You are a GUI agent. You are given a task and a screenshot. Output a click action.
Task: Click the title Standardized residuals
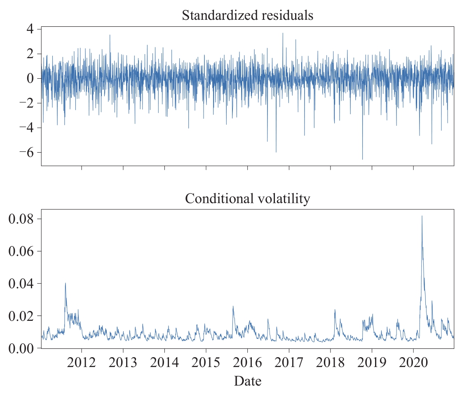247,16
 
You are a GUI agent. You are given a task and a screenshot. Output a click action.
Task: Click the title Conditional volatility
247,199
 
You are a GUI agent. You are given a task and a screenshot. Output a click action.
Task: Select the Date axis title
247,381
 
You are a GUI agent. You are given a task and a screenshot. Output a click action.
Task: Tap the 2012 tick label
82,363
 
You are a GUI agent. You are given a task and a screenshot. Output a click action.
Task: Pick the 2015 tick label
206,363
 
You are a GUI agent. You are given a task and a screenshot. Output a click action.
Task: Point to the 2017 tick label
289,363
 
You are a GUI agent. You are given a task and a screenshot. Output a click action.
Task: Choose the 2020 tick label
413,363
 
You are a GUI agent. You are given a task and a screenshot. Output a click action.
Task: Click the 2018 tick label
330,363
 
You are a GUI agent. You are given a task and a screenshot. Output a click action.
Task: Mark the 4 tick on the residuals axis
31,29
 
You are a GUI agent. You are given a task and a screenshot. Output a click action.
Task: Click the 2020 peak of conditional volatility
422,216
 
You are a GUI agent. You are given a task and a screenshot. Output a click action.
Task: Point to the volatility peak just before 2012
65,283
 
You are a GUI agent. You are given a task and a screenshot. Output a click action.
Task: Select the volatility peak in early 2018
335,310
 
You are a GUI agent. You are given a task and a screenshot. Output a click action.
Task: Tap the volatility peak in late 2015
233,306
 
